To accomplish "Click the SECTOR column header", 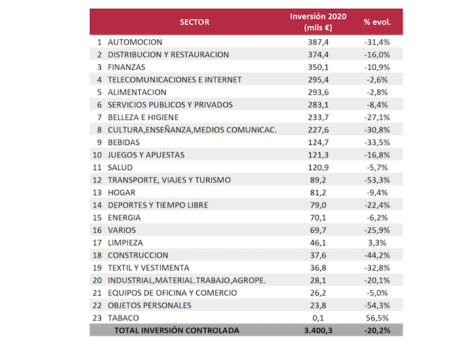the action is tap(195, 22).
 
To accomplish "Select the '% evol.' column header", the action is tap(377, 22).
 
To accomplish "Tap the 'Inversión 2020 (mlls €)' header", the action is tap(318, 22).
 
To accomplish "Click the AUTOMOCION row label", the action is tap(135, 42).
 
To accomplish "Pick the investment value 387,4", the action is tap(318, 42).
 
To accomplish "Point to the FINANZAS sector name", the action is tap(126, 67).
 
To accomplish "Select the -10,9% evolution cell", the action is tap(377, 67).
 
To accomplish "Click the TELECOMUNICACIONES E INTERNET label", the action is tap(175, 79).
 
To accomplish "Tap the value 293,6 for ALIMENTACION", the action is tap(318, 92).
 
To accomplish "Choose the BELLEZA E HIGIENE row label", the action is tap(143, 117).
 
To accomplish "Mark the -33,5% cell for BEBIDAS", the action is tap(377, 142).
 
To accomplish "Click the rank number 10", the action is tap(97, 155).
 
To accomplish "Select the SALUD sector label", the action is tap(120, 167).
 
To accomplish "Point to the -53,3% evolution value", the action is tap(377, 180).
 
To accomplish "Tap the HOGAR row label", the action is tap(121, 193).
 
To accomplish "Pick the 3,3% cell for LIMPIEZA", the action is tap(377, 243).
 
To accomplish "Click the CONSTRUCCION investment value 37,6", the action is tap(318, 255).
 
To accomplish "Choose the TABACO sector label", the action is tap(123, 318).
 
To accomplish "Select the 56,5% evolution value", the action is tap(377, 318).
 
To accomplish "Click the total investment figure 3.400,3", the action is tap(318, 330).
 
